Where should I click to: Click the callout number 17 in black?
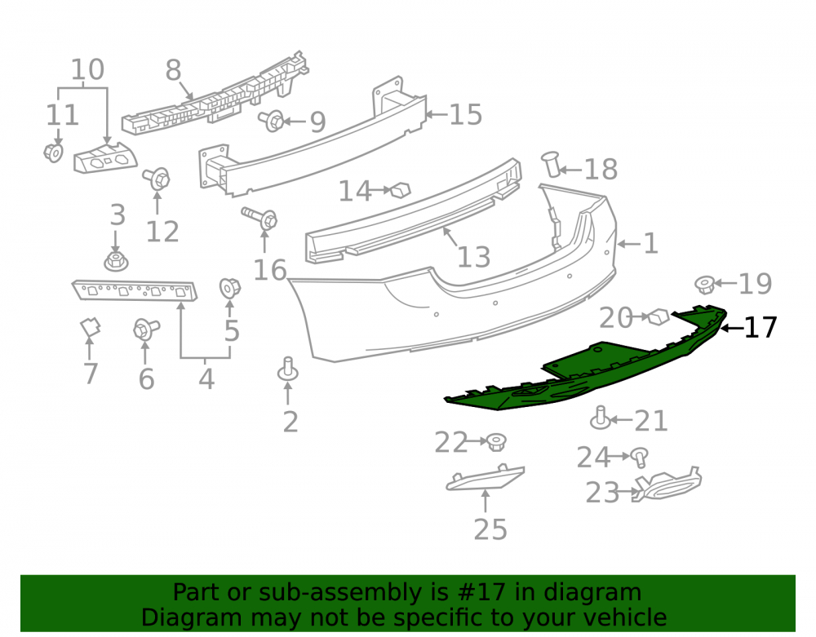tap(761, 328)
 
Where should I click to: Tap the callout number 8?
tap(173, 70)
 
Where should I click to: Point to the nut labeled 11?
tap(53, 153)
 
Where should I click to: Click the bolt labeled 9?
tap(272, 122)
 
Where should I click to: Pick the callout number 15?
tap(466, 114)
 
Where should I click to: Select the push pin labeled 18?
tap(551, 163)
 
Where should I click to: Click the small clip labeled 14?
tap(401, 190)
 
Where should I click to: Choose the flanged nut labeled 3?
tap(116, 261)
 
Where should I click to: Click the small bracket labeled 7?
tap(90, 327)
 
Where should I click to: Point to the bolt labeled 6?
tap(145, 330)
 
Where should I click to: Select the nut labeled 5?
tap(229, 288)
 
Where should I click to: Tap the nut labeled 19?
tap(705, 285)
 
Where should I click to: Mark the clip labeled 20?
tap(659, 316)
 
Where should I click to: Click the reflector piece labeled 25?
tap(485, 477)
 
